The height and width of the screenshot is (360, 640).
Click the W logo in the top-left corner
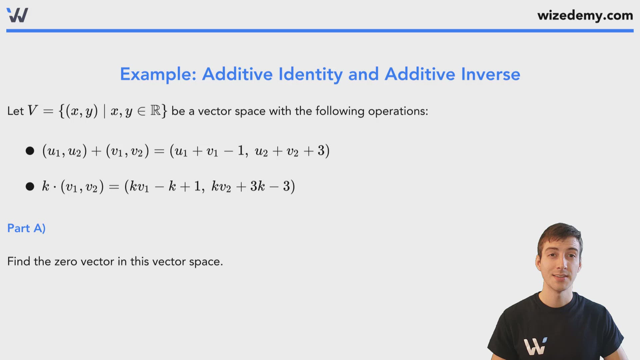point(17,15)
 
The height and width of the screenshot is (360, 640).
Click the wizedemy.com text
point(585,15)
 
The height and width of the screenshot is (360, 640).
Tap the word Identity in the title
point(310,74)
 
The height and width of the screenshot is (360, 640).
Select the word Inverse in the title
point(490,74)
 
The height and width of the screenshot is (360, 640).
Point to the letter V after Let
point(32,111)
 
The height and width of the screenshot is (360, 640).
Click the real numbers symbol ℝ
point(155,110)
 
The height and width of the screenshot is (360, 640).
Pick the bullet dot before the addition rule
point(30,151)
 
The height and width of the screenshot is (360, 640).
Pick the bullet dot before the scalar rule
point(30,186)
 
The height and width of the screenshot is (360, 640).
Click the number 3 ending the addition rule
point(321,150)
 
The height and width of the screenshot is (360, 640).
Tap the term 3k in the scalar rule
point(257,186)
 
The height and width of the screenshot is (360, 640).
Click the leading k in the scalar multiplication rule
point(45,186)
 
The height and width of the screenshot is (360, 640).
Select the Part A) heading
point(26,228)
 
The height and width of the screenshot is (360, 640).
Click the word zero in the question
point(66,262)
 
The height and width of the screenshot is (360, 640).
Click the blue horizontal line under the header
point(320,31)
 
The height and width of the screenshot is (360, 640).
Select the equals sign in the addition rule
point(159,151)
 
